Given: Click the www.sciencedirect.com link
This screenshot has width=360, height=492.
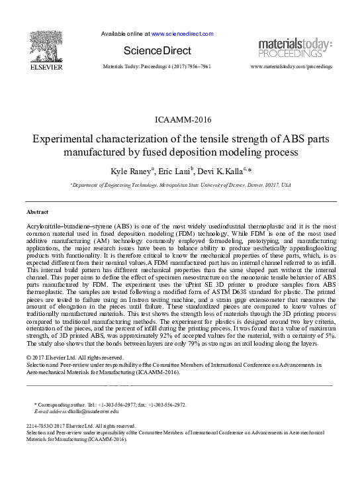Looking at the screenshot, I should point(182,33).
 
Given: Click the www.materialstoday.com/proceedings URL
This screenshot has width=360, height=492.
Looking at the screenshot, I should point(292,67).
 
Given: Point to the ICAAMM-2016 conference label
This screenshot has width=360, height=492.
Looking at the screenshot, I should point(180,120).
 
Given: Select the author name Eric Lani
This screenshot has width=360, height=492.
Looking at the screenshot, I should point(175,171).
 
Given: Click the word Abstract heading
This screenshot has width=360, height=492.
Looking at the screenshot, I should point(37,212).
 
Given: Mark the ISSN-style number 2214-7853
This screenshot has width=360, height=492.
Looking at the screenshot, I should point(38,426).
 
